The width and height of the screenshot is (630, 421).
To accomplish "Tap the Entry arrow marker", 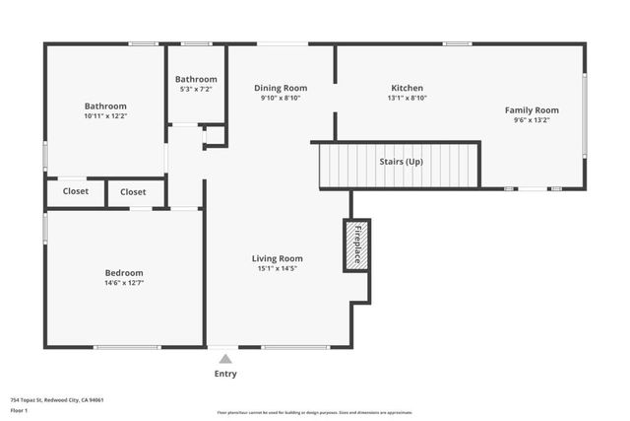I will click(225, 360).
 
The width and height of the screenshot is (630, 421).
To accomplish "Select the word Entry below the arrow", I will click(225, 374).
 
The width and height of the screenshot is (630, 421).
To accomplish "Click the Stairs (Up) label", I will click(402, 162).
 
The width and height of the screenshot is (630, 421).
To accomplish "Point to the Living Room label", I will click(277, 258).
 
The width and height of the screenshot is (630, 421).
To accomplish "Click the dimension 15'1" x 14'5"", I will click(277, 269).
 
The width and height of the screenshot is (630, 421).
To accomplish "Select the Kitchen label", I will click(407, 88).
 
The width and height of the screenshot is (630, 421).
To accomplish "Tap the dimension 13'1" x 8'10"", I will click(407, 99).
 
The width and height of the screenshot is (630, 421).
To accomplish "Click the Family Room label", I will click(532, 110).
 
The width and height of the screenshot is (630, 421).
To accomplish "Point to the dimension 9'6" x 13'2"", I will click(532, 121).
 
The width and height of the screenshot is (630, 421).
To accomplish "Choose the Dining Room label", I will click(281, 88).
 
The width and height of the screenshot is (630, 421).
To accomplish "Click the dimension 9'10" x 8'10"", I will click(281, 99).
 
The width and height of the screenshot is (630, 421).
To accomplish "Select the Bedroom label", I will click(124, 273).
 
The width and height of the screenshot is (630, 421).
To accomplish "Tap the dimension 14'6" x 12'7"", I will click(124, 283).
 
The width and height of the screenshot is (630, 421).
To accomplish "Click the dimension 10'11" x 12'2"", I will click(105, 116).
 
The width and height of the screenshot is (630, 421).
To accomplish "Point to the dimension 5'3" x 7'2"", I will click(196, 90).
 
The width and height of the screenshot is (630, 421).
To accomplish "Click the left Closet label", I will click(76, 192).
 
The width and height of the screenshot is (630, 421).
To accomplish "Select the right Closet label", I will click(134, 192).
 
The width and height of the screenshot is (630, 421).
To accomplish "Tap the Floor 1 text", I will click(19, 409).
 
